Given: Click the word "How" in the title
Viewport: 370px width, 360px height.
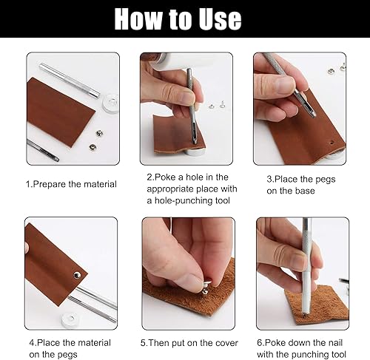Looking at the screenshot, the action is click(138, 19).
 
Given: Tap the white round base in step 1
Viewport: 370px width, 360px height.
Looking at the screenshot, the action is click(110, 103).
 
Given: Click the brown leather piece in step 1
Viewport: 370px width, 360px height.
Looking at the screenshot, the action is click(60, 111).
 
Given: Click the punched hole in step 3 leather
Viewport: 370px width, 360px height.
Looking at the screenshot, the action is click(332, 142).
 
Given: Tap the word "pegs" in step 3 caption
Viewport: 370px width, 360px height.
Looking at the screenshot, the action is click(325, 180).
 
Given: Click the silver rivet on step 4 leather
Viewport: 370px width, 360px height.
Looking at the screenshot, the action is click(77, 275).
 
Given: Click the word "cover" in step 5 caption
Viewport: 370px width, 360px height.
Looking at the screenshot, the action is click(226, 343).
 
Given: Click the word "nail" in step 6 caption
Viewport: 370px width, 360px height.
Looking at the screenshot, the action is click(335, 343).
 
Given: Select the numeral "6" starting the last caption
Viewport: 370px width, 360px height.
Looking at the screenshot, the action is click(260, 343).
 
